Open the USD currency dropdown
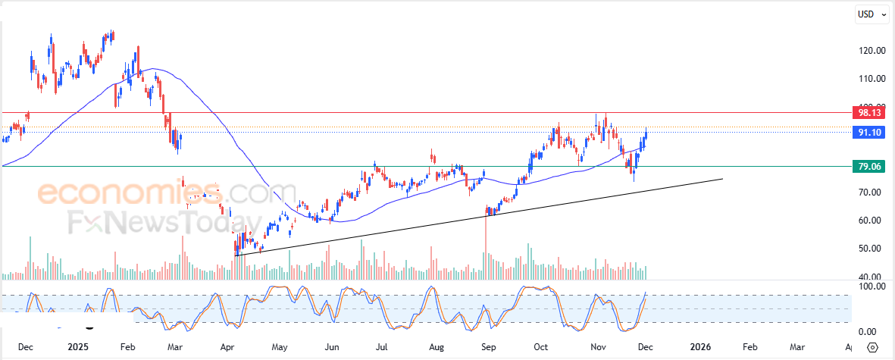(x=871, y=14)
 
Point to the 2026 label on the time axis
(x=701, y=347)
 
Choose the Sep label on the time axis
(x=489, y=347)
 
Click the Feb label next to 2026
(x=749, y=347)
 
